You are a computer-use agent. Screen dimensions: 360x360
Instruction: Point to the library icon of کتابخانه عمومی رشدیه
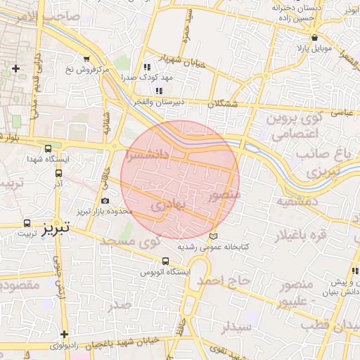(x=214, y=236)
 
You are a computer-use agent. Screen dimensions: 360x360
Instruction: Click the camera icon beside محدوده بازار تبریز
(x=105, y=201)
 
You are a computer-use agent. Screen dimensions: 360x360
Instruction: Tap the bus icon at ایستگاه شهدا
(x=48, y=148)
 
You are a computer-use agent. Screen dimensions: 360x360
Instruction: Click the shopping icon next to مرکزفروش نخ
(x=86, y=59)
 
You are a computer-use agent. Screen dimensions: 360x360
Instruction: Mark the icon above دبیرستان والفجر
(x=160, y=91)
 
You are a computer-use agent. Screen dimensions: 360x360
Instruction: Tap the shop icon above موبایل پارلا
(x=314, y=37)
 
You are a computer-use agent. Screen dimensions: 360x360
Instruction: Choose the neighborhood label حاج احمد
(x=224, y=280)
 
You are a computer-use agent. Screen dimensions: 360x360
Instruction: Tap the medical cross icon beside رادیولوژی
(x=65, y=335)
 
